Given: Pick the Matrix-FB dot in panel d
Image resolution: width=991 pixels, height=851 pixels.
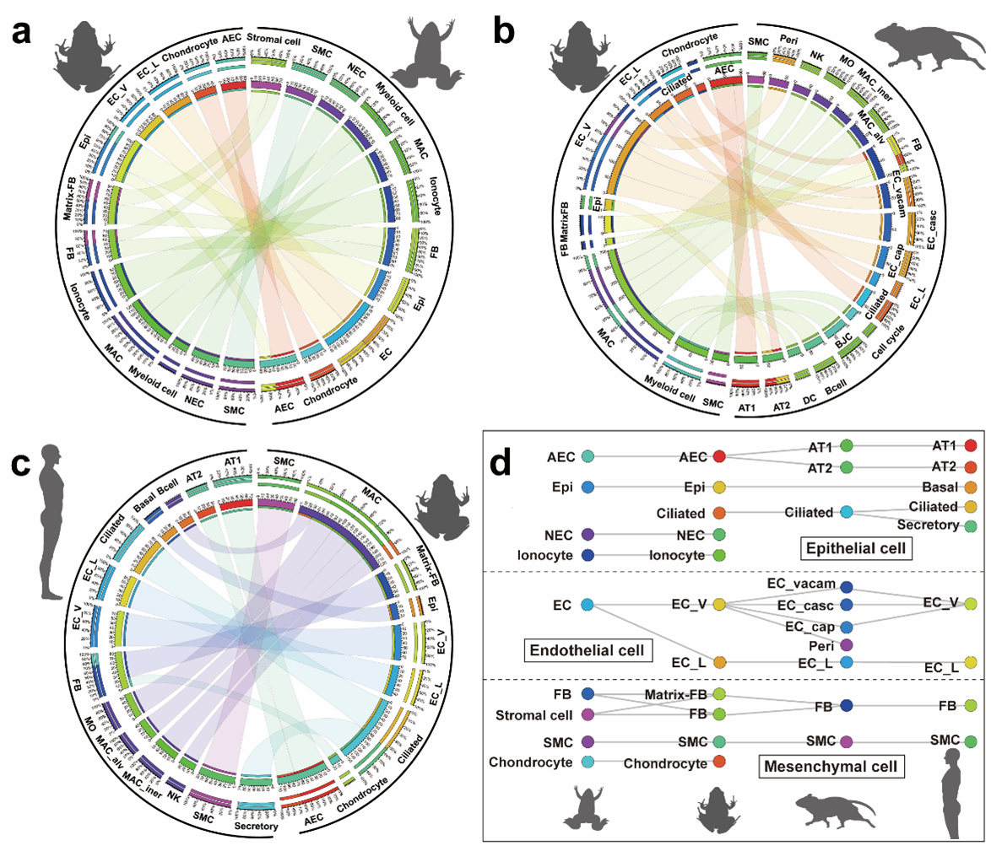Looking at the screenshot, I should click(x=719, y=693).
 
